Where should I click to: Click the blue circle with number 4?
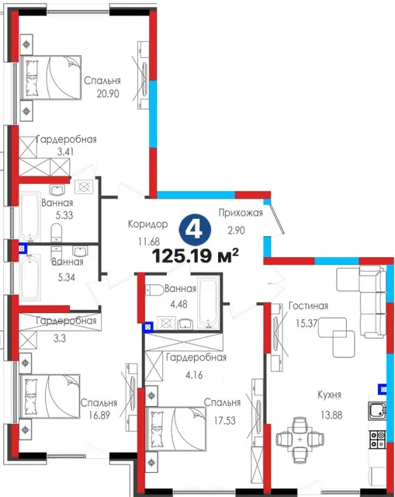tap(195, 229)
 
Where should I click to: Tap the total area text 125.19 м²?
tap(195, 256)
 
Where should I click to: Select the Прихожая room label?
tap(241, 213)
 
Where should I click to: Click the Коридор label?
tap(147, 224)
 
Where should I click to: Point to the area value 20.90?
tap(108, 94)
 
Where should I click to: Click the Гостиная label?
tap(308, 306)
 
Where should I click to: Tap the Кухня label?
tap(330, 395)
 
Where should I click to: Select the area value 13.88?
tap(331, 415)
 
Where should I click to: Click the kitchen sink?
tap(377, 411)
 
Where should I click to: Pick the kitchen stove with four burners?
tap(378, 440)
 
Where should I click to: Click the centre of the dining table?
tap(300, 440)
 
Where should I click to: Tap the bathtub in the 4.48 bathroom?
tap(208, 302)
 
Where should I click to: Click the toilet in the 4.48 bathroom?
tap(155, 290)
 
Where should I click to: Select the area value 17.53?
tap(224, 421)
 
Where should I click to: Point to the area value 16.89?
tap(99, 415)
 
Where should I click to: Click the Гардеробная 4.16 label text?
tap(196, 358)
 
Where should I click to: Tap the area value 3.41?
tap(65, 152)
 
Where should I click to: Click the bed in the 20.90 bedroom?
tap(50, 78)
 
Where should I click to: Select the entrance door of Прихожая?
tap(278, 219)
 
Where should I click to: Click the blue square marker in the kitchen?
tap(383, 389)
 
